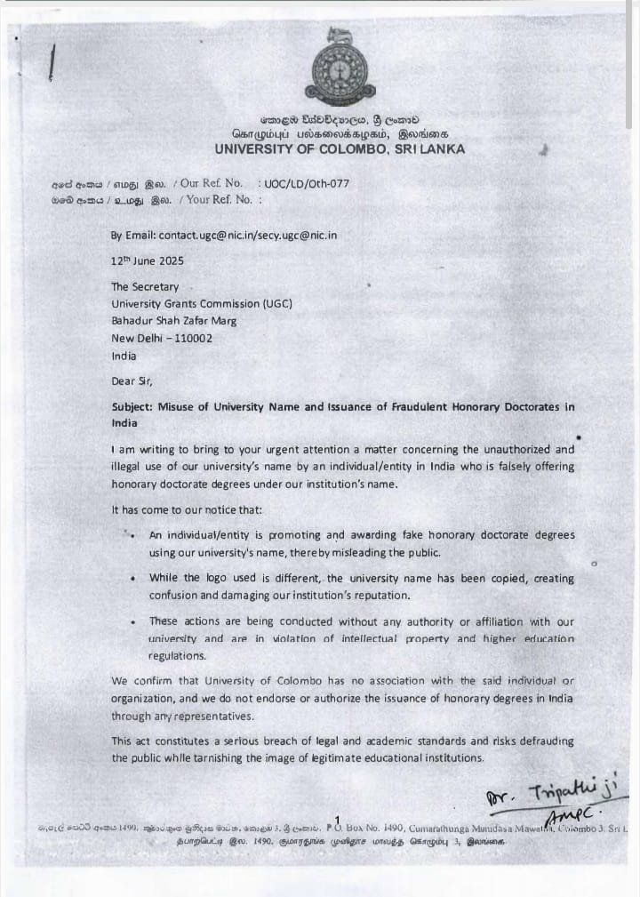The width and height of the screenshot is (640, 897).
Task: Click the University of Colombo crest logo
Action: [340, 68]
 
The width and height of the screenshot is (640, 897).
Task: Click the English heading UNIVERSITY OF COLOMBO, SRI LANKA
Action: [340, 148]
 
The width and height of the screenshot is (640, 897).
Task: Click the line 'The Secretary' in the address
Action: [145, 287]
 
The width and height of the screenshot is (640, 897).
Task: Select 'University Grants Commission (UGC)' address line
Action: [201, 304]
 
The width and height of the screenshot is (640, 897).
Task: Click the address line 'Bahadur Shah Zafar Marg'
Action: [173, 321]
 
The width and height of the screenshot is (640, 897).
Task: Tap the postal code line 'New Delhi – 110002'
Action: [162, 338]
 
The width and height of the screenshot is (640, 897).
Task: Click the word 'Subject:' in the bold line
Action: [132, 406]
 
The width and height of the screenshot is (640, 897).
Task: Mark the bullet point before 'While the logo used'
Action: [132, 578]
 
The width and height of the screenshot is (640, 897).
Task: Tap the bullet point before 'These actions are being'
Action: [132, 622]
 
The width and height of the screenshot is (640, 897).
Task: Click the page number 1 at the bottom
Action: [338, 820]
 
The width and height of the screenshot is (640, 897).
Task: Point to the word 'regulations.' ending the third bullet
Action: [177, 656]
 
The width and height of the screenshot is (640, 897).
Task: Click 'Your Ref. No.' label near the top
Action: [217, 200]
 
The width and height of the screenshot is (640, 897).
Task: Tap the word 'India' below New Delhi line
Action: [124, 355]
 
